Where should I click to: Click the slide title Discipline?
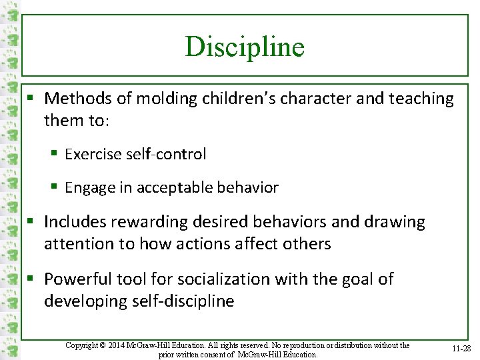pyautogui.click(x=245, y=47)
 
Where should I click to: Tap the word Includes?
pyautogui.click(x=76, y=222)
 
